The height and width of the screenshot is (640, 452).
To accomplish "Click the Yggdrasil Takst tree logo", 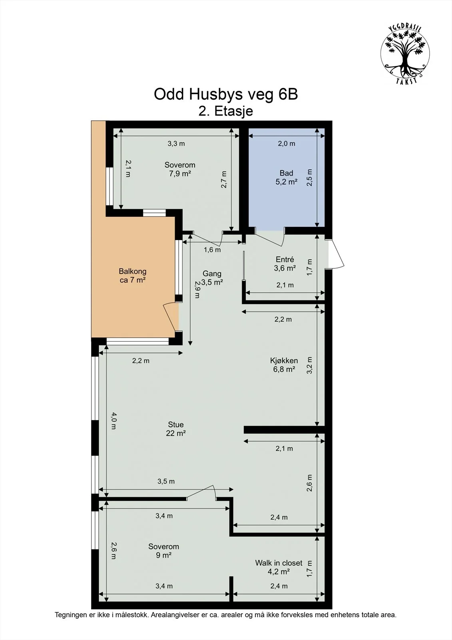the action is coord(405,54).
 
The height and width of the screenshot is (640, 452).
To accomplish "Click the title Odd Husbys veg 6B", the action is coord(226,94).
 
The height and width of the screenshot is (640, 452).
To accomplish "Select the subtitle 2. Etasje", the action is coord(225,111).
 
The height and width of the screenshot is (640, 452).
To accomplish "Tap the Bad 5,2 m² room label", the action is coord(287,177).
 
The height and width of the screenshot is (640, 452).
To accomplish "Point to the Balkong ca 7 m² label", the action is coord(133,276).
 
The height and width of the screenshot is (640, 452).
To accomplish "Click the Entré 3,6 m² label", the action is coord(285,264).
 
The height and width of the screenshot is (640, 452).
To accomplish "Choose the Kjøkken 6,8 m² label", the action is coord(284,364).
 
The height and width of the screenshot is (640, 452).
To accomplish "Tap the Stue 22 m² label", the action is coord(176,428).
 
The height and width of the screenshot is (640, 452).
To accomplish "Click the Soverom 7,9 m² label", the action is coord(180,169).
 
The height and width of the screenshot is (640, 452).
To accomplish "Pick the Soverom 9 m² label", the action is coord(163,550).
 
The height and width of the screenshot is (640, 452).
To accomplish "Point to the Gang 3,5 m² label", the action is coord(212,278).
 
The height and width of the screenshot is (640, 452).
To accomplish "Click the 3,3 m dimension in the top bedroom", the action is coord(176,144).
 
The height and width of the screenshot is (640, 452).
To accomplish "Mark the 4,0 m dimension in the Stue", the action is coord(113,421).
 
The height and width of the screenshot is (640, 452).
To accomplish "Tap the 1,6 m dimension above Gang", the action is coord(212,250).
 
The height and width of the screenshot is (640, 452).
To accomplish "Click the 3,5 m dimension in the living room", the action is coord(166,482).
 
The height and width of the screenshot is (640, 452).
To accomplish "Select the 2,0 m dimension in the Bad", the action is coord(287,144).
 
